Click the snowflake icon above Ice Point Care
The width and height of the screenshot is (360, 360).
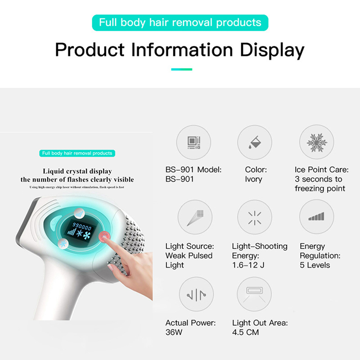[x=317, y=142]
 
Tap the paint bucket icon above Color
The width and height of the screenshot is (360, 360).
[x=255, y=142]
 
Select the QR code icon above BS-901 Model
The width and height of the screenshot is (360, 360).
[x=194, y=143]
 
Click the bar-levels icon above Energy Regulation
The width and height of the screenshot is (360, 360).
[x=316, y=216]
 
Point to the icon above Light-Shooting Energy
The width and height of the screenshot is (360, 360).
[x=255, y=218]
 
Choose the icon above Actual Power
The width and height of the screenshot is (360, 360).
[x=196, y=295]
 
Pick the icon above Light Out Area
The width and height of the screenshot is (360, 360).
[x=254, y=294]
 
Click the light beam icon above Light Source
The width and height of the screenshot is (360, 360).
[x=195, y=217]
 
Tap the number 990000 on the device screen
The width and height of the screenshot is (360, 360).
[x=82, y=226]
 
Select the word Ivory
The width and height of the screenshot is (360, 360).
[x=253, y=179]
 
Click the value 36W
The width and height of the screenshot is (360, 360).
[x=174, y=332]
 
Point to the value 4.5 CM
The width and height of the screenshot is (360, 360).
[x=245, y=332]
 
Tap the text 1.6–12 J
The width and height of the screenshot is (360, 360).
[x=248, y=265]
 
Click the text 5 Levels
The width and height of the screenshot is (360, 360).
[x=315, y=265]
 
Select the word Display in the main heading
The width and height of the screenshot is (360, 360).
[x=272, y=50]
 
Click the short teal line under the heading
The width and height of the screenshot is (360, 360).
[x=182, y=69]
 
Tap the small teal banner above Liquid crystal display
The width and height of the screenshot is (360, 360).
[x=77, y=153]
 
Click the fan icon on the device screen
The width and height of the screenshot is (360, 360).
[x=87, y=235]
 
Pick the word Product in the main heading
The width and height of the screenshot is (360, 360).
[x=90, y=50]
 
